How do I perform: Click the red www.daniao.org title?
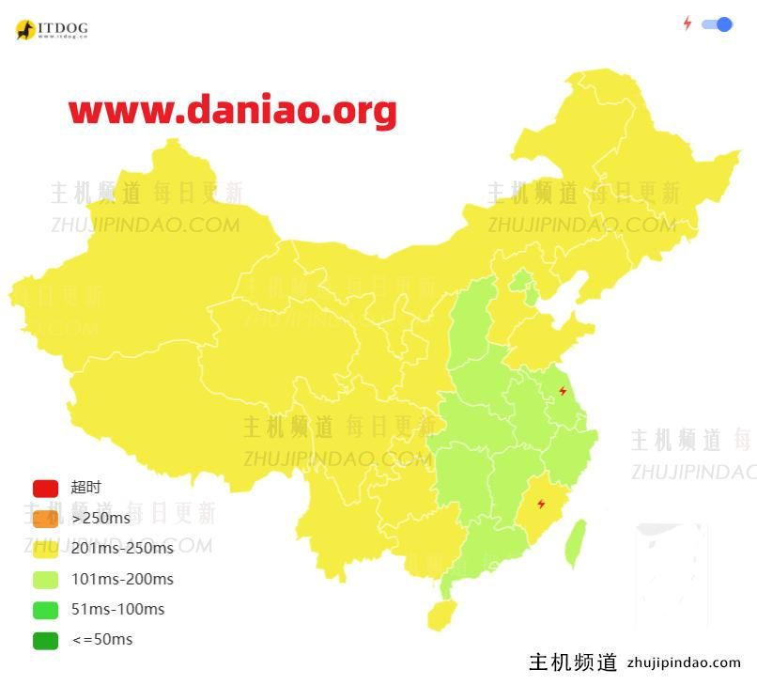click(x=232, y=111)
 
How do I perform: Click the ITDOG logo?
click(x=52, y=30)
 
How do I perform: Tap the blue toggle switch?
click(x=717, y=24)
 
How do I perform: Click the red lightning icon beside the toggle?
click(x=687, y=23)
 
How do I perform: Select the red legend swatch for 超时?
click(x=45, y=488)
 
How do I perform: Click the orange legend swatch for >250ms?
click(x=45, y=518)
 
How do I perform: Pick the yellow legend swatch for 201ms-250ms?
click(x=45, y=548)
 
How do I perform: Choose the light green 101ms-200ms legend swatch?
click(x=45, y=579)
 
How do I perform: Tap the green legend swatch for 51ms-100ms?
click(x=45, y=609)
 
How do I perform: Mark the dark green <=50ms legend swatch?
click(x=45, y=640)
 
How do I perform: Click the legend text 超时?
click(x=85, y=488)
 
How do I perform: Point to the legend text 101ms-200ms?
click(x=122, y=579)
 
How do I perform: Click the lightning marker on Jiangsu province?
click(x=563, y=391)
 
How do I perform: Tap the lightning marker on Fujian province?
click(x=541, y=505)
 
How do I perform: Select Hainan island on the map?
click(x=440, y=615)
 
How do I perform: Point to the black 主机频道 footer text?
click(x=573, y=662)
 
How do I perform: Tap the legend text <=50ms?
click(x=102, y=640)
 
